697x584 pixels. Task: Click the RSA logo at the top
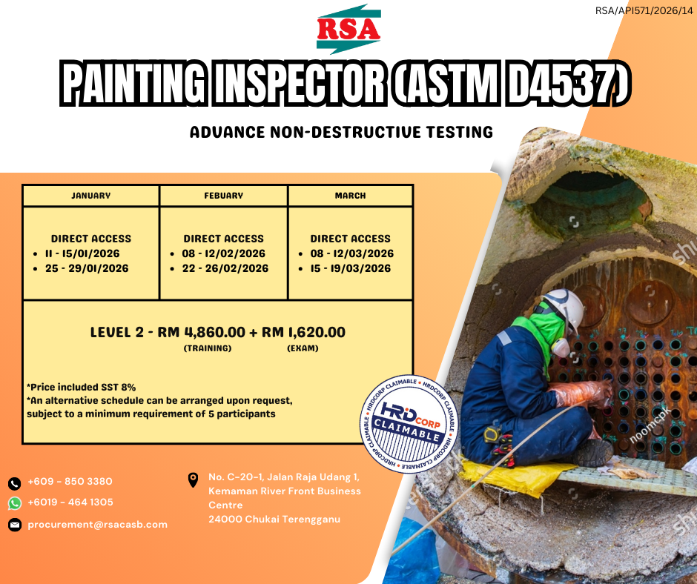point(348,29)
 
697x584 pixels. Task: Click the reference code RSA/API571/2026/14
point(644,10)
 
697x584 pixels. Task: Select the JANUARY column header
point(91,196)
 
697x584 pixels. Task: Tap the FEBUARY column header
point(224,196)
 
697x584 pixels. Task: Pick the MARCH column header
point(350,196)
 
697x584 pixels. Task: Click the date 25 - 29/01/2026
point(87,268)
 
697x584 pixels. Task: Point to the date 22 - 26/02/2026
point(225,268)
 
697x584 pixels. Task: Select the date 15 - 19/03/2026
point(351,268)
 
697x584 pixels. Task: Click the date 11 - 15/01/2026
point(82,253)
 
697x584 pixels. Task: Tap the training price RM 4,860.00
point(202,332)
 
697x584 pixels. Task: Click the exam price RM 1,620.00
point(303,332)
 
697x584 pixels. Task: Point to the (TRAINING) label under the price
point(208,348)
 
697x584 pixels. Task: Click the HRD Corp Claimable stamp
point(409,424)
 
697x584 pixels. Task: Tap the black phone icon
point(15,483)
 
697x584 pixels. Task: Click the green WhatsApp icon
point(15,503)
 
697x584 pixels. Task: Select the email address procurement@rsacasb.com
point(97,525)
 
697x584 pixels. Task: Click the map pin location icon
point(193,480)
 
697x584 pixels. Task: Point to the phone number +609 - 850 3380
point(70,481)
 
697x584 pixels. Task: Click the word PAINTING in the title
point(133,83)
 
